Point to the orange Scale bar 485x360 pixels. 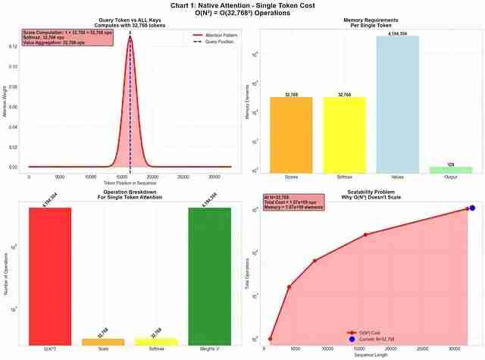coord(103,340)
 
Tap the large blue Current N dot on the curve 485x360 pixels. coord(471,208)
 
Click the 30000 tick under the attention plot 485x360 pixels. coord(214,177)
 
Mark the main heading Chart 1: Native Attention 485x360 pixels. coord(242,5)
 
